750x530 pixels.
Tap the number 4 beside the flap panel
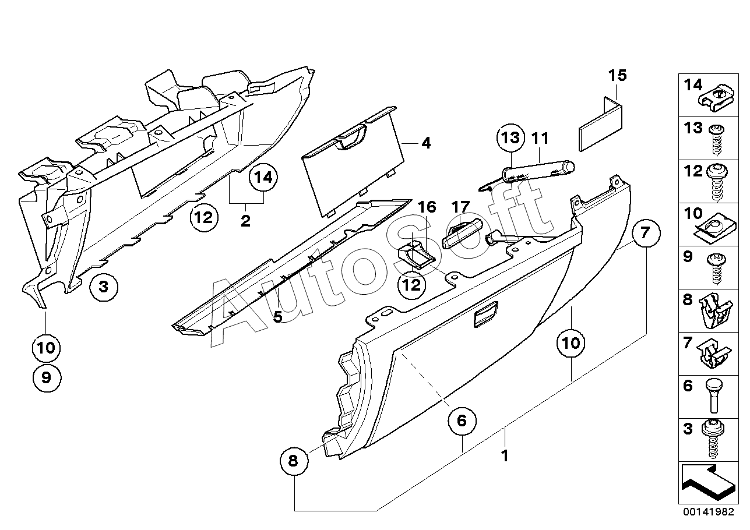pos(426,143)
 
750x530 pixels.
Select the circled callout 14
pos(264,178)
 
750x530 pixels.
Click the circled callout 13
pos(510,139)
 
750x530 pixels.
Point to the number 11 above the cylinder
pos(540,139)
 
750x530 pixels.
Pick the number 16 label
pos(427,207)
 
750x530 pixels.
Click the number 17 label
pos(460,207)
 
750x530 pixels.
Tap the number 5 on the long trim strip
pos(277,316)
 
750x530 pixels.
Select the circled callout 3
pos(104,287)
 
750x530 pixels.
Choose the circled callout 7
pos(644,234)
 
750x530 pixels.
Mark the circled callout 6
pos(462,420)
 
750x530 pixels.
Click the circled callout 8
pos(293,461)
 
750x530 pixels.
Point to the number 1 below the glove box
pos(505,456)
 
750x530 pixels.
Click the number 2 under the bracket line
pos(245,221)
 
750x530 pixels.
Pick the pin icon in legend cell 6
pos(714,395)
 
